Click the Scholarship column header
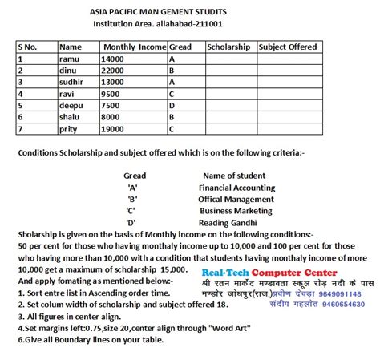228,47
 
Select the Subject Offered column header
289,47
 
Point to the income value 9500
112,94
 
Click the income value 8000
112,116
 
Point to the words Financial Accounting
236,188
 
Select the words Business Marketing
236,210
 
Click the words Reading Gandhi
230,221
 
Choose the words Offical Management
236,199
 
